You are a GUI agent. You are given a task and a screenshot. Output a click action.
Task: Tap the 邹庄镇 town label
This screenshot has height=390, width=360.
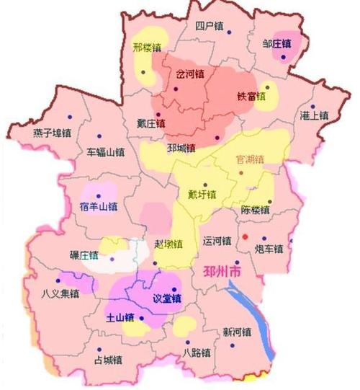276,44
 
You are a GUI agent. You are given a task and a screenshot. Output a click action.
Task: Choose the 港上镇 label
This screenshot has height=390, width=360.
314,115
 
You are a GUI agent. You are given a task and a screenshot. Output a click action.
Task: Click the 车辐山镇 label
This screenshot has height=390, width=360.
105,153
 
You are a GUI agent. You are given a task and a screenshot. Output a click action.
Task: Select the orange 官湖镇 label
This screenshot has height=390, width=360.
251,158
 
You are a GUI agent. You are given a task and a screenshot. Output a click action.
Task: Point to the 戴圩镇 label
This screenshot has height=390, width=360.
202,194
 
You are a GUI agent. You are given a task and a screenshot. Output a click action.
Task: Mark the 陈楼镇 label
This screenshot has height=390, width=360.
255,210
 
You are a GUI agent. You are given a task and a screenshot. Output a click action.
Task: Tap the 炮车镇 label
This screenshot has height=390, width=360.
269,249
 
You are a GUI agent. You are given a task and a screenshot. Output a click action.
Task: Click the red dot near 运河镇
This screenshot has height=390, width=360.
245,236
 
